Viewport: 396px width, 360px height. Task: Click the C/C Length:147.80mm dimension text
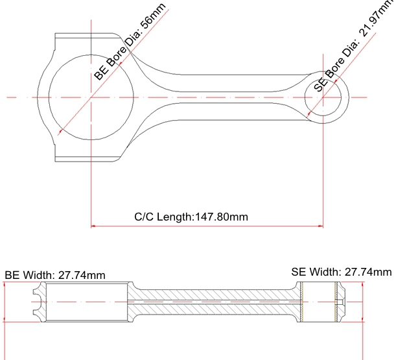191,217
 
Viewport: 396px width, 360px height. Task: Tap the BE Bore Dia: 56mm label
130,42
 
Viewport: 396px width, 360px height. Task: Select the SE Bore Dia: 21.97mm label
353,46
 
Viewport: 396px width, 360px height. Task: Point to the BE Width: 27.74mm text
55,275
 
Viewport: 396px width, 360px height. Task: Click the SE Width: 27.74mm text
342,272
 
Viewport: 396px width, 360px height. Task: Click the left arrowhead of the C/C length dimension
93,226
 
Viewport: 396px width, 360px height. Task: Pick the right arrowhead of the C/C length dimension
321,226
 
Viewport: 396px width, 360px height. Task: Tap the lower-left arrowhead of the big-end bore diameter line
60,132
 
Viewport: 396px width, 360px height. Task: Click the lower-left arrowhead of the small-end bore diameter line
308,115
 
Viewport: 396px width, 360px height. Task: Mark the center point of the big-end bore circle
91,97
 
